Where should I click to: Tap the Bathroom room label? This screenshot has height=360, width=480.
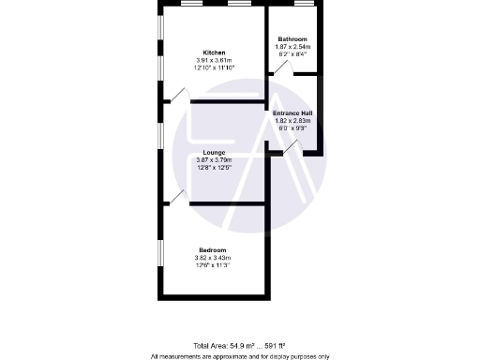(292, 38)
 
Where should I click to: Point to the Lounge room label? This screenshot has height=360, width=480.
(212, 152)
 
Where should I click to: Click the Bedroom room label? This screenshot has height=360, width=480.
(212, 250)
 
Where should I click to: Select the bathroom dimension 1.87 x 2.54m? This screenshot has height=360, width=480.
(292, 46)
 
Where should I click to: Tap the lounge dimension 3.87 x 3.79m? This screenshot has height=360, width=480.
(212, 159)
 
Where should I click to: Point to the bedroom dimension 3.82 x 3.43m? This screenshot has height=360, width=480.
(212, 258)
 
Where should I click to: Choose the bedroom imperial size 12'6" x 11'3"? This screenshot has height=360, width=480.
(212, 265)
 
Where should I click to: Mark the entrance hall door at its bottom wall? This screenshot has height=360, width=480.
(292, 147)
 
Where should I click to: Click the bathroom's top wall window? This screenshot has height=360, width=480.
(303, 5)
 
